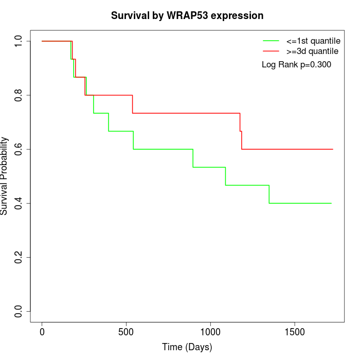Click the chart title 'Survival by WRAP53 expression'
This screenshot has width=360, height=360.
click(x=187, y=16)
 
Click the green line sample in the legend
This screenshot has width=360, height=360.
click(x=271, y=41)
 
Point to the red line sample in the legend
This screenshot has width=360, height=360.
click(x=271, y=51)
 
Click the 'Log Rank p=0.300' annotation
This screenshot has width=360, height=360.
click(x=296, y=65)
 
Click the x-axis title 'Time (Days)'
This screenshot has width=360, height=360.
click(x=187, y=347)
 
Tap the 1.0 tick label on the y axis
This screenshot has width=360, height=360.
click(x=19, y=41)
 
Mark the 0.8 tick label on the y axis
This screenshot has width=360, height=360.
click(x=19, y=95)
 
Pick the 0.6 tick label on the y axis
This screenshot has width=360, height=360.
click(x=19, y=149)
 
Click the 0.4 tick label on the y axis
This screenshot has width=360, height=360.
click(x=19, y=203)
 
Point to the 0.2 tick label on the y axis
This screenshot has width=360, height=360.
click(x=19, y=257)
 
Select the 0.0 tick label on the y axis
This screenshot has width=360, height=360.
click(x=19, y=311)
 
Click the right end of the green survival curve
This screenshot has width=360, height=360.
click(x=331, y=203)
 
